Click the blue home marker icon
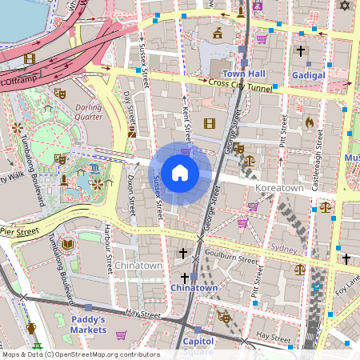[x=180, y=172]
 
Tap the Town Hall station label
[x=244, y=73]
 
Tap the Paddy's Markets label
[x=88, y=324]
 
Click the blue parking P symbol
[x=318, y=287]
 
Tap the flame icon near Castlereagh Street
[x=310, y=122]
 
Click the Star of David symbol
[x=346, y=6]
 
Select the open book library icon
[x=67, y=243]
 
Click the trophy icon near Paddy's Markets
[x=31, y=328]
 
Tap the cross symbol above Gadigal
[x=301, y=50]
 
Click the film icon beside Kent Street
[x=210, y=123]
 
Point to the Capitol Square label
[x=198, y=345]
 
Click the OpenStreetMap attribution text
[x=80, y=354]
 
